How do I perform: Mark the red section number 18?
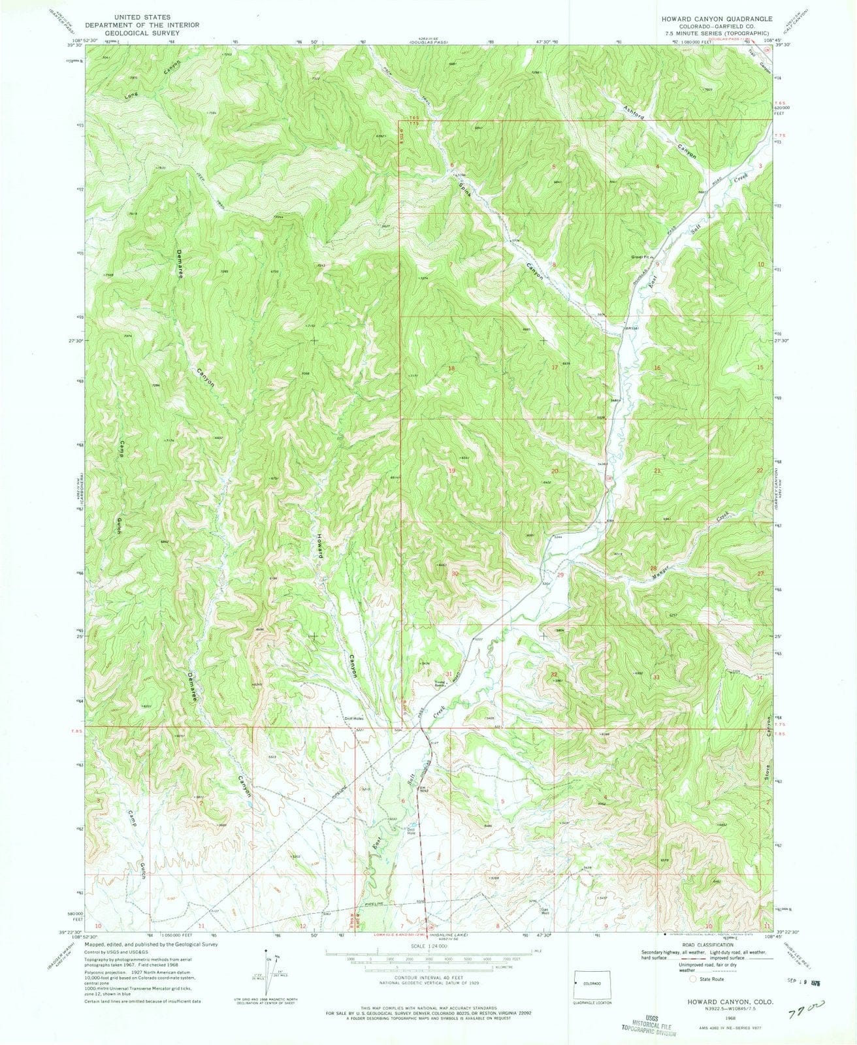point(451,369)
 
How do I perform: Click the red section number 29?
point(560,575)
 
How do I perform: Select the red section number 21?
point(657,471)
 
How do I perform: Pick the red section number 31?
point(449,673)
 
